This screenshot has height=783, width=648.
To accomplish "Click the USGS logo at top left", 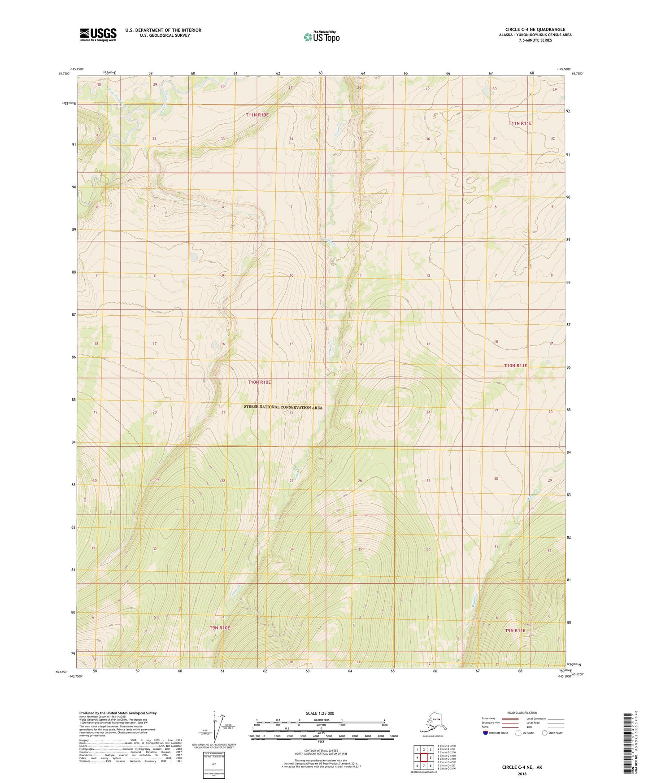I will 98,35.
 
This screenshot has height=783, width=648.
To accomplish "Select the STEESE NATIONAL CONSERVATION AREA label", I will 283,407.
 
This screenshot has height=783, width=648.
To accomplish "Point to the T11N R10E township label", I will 257,115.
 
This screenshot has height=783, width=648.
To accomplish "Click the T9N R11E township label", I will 515,630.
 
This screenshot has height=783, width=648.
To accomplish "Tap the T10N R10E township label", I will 259,382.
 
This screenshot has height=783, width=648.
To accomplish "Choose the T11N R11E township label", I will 520,123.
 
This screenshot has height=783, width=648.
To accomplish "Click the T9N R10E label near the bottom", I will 219,628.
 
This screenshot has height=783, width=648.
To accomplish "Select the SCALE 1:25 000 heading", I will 320,713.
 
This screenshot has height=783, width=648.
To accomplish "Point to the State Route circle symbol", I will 544,733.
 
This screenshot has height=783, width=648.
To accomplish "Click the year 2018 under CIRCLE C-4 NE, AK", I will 522,774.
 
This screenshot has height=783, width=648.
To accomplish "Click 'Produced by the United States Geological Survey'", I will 118,713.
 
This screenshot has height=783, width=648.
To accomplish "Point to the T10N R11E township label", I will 515,365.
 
